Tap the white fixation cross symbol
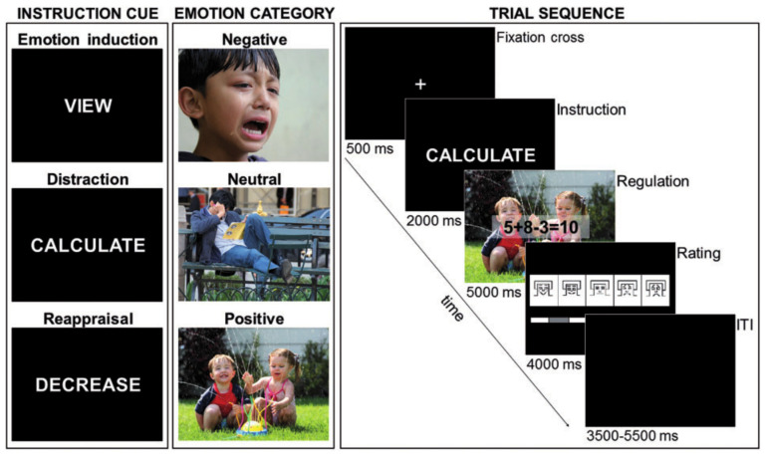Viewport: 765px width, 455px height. tap(420, 85)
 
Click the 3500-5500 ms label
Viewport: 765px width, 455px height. tap(620, 435)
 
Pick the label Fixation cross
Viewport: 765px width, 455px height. tap(539, 38)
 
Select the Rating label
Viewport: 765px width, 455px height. tap(698, 254)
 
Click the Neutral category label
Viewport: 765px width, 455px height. tap(253, 180)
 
